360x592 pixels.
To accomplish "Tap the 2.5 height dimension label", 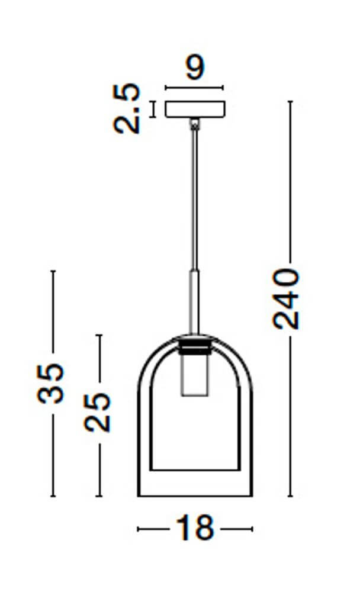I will (128, 109).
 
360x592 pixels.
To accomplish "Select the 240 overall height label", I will (286, 298).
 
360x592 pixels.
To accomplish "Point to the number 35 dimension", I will (52, 383).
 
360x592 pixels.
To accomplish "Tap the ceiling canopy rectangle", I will (195, 110).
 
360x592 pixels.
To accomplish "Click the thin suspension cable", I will (194, 195).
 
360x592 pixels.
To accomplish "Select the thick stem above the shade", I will (194, 302).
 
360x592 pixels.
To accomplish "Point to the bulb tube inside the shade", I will (194, 376).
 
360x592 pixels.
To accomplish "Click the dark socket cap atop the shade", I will (194, 345).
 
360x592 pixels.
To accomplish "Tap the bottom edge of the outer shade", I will (195, 496).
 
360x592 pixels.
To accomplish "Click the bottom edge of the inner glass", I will (195, 471).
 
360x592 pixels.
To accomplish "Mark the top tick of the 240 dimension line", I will (290, 102).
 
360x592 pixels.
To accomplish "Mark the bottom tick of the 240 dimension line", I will (290, 496).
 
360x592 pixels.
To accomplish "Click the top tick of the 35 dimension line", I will (53, 271).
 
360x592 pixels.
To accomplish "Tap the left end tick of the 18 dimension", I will (138, 529).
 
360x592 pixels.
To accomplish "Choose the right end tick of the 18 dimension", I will (252, 529).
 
